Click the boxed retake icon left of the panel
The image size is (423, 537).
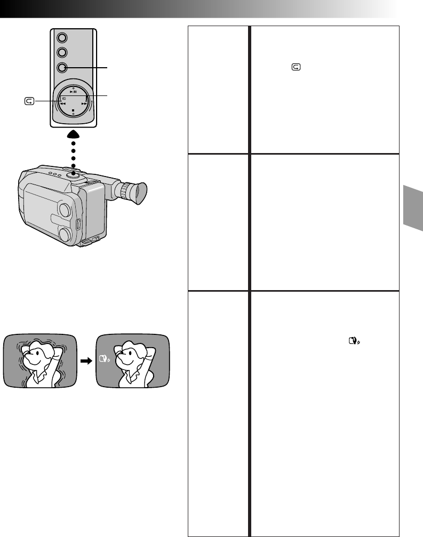[29, 100]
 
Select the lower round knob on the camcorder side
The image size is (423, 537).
[65, 234]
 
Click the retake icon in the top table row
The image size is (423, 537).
[296, 68]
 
